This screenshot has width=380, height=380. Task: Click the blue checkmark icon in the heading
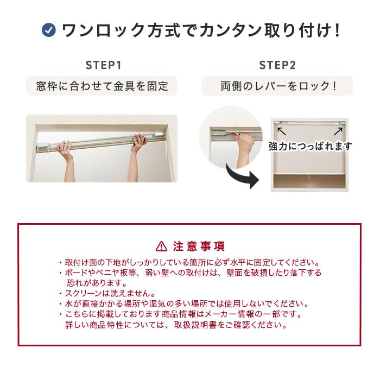(x=49, y=30)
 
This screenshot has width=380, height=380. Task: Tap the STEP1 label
(x=103, y=65)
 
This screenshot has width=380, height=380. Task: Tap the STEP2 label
(x=277, y=65)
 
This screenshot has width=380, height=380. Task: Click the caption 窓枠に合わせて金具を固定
(x=102, y=86)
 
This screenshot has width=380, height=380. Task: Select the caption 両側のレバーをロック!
(x=278, y=86)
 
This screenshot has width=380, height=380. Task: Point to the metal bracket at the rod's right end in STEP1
(x=159, y=135)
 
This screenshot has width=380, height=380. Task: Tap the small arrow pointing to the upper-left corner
(x=282, y=131)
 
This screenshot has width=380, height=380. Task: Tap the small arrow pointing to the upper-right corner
(x=338, y=131)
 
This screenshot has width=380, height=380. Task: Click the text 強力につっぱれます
(x=310, y=146)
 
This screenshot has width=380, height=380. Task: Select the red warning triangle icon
(x=161, y=246)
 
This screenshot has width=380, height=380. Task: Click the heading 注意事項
(x=199, y=246)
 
